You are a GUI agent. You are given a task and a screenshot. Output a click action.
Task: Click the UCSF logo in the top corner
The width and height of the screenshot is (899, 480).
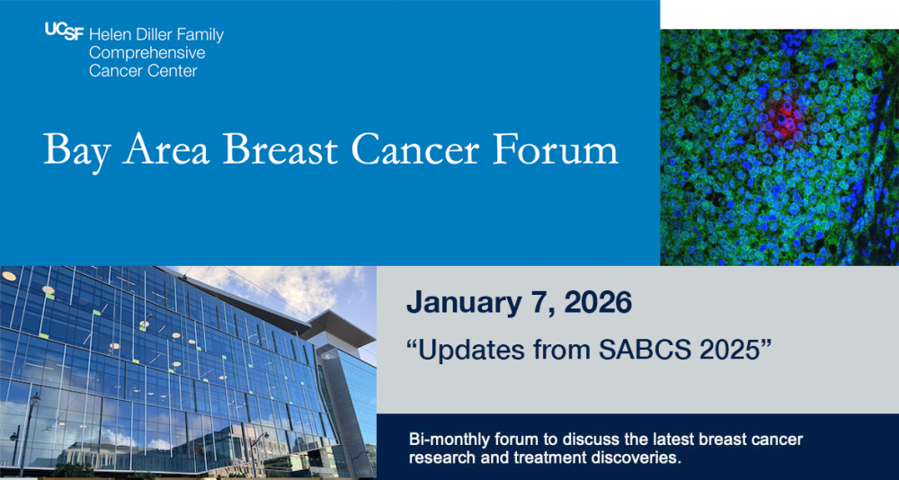(x=64, y=31)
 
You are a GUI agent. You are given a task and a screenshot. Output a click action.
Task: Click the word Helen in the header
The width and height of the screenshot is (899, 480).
(x=110, y=35)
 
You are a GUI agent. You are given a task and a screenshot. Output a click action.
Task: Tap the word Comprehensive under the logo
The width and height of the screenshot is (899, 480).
(x=134, y=53)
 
